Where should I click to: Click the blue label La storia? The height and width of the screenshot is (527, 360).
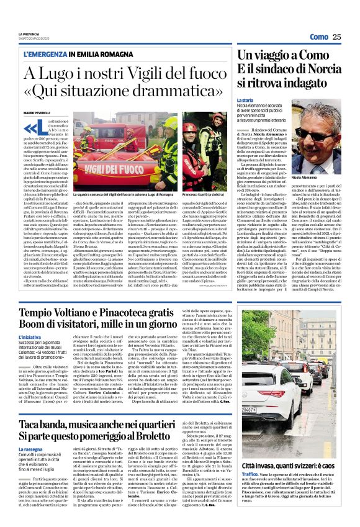tap(262, 99)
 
